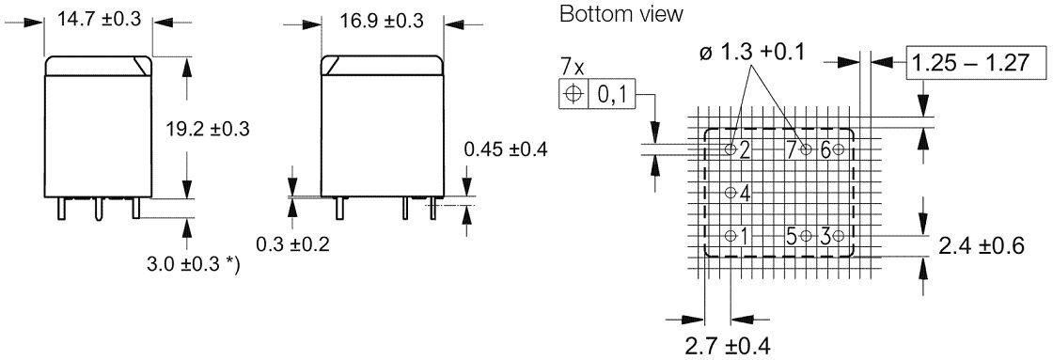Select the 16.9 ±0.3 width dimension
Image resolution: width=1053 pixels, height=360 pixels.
pyautogui.click(x=381, y=20)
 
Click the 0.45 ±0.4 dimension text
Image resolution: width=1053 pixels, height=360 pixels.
pyautogui.click(x=506, y=149)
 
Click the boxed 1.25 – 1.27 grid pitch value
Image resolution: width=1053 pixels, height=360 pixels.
pyautogui.click(x=975, y=65)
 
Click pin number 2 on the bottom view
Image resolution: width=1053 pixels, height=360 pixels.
pyautogui.click(x=745, y=150)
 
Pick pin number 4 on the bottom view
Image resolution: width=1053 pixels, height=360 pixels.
pyautogui.click(x=745, y=194)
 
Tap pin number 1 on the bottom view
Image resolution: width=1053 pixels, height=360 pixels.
pyautogui.click(x=745, y=235)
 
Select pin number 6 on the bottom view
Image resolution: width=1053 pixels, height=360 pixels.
pyautogui.click(x=825, y=150)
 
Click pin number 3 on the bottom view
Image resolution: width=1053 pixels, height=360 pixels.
pyautogui.click(x=825, y=235)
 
